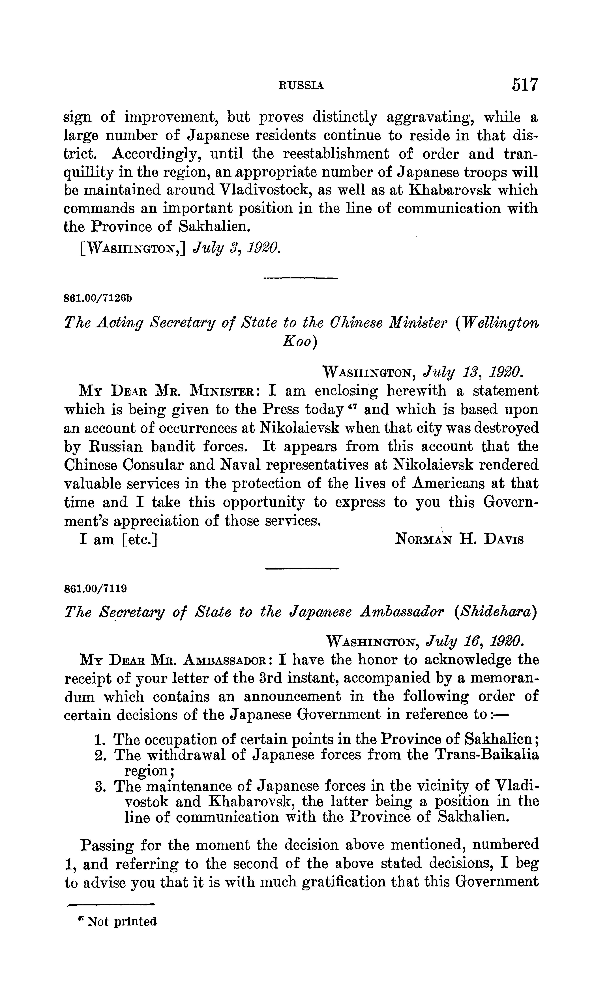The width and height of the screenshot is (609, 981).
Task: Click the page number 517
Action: pyautogui.click(x=525, y=85)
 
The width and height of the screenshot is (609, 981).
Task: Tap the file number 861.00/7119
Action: pyautogui.click(x=96, y=588)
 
